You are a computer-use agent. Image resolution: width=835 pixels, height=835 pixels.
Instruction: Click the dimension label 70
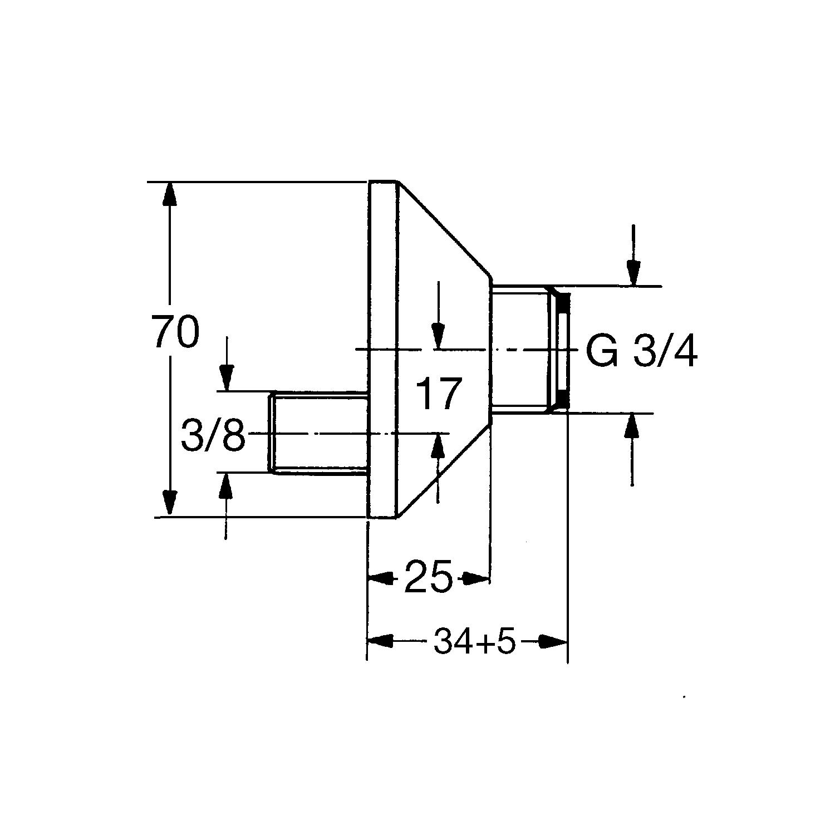(175, 331)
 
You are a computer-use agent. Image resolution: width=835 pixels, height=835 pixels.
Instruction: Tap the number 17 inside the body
(438, 394)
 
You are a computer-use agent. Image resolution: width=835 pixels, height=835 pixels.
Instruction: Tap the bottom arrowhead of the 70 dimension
(170, 503)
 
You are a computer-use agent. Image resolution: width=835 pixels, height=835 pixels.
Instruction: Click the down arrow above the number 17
(439, 316)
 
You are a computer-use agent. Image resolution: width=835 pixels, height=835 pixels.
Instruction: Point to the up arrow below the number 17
(438, 468)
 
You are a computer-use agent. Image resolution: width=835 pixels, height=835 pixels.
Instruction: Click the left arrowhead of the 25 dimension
(382, 578)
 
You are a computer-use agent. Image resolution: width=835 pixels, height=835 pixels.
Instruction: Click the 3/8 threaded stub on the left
(318, 433)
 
